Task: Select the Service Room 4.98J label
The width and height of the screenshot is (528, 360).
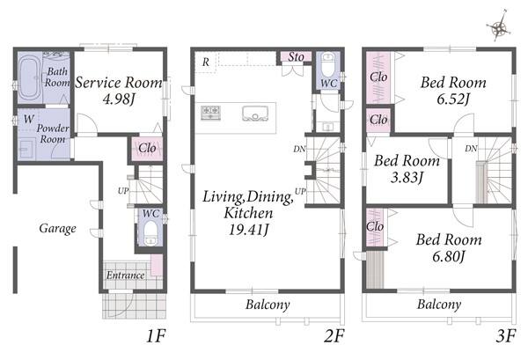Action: [119, 91]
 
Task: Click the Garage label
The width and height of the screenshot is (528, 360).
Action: [57, 228]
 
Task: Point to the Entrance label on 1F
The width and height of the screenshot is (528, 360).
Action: [125, 276]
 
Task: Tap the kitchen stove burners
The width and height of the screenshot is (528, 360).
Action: [211, 112]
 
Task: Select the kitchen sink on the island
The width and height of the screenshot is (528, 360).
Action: [255, 113]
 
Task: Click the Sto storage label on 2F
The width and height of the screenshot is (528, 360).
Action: [296, 57]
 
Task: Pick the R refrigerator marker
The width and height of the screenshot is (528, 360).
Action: [205, 62]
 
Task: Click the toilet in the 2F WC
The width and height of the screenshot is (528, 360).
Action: [327, 65]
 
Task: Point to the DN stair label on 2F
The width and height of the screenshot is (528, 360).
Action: [299, 149]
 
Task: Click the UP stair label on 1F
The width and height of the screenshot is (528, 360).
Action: [123, 191]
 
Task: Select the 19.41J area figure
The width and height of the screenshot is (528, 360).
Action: [249, 230]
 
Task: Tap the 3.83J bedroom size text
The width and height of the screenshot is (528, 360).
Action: [407, 177]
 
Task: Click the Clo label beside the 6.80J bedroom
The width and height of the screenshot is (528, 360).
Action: [375, 226]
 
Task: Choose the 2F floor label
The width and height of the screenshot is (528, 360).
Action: [334, 335]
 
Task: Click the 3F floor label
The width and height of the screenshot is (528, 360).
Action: [506, 335]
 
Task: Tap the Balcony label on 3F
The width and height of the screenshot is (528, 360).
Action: [439, 305]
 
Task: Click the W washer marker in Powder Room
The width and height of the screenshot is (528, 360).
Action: [29, 119]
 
